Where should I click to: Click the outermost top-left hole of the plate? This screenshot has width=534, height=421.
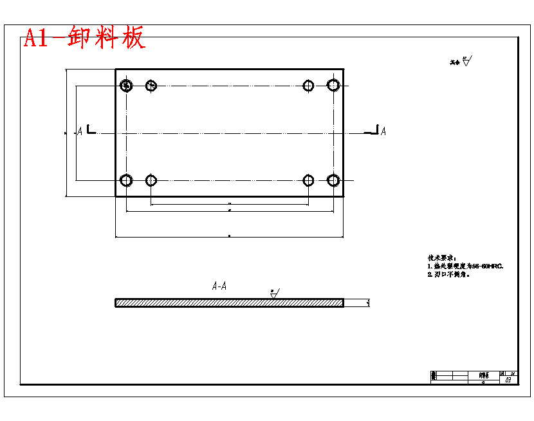pyautogui.click(x=127, y=85)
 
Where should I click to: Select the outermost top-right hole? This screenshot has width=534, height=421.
pyautogui.click(x=333, y=85)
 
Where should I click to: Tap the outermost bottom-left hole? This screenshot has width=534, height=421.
pyautogui.click(x=127, y=180)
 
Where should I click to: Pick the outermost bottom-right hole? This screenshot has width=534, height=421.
pyautogui.click(x=333, y=180)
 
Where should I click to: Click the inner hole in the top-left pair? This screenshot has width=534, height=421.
pyautogui.click(x=151, y=85)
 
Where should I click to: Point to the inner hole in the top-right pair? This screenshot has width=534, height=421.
pyautogui.click(x=309, y=85)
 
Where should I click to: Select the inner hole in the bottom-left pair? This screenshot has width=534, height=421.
pyautogui.click(x=151, y=180)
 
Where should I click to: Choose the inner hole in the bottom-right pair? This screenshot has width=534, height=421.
pyautogui.click(x=309, y=180)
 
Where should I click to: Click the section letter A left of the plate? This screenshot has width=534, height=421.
pyautogui.click(x=80, y=131)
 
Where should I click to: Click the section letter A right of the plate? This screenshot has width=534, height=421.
pyautogui.click(x=383, y=131)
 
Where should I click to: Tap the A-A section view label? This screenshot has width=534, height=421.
pyautogui.click(x=219, y=286)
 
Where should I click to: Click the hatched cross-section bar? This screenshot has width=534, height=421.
pyautogui.click(x=229, y=303)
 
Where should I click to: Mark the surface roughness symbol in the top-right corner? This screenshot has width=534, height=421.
pyautogui.click(x=466, y=62)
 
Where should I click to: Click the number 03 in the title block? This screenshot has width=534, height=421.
pyautogui.click(x=508, y=380)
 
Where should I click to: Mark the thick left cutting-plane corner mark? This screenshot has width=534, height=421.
pyautogui.click(x=91, y=130)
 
